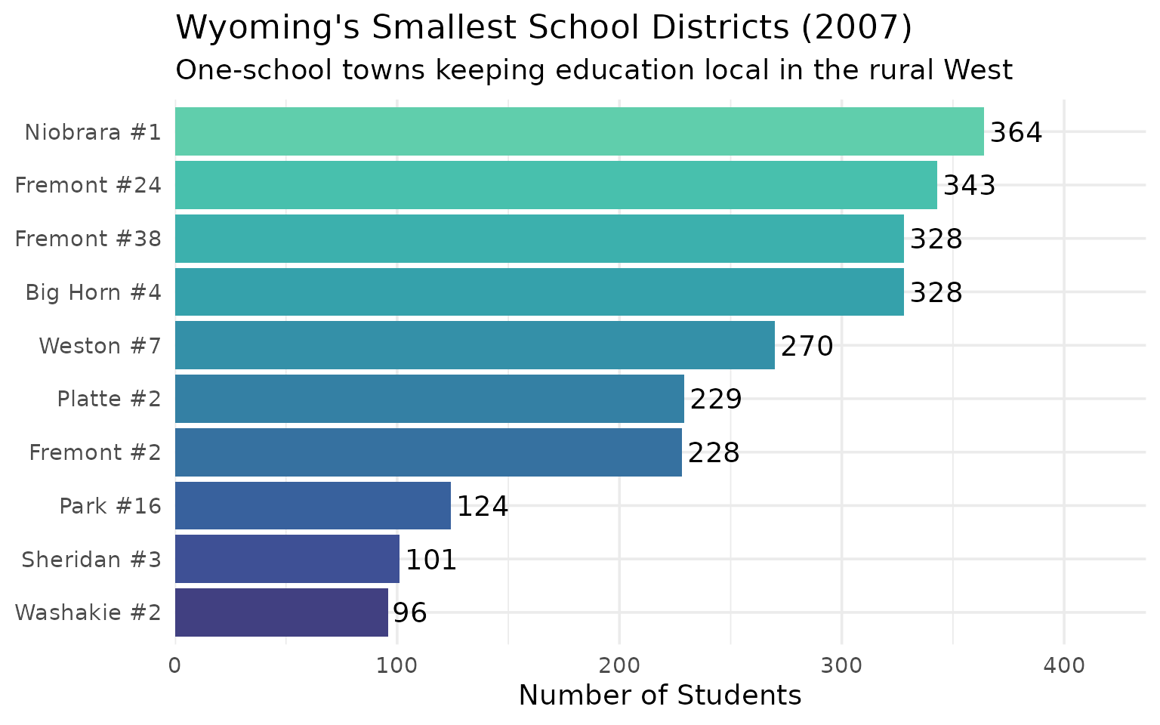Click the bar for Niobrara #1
coord(579,131)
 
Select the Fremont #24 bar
coord(556,185)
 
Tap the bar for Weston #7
coord(474,345)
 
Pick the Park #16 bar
coord(313,505)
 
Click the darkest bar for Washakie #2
coord(281,612)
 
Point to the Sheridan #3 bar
coord(287,559)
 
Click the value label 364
coord(1016,133)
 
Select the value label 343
coord(969,186)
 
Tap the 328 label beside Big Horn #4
coord(936,293)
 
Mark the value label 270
coord(807,347)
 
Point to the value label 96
coord(410,613)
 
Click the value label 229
coord(716,400)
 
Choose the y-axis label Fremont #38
coord(88,239)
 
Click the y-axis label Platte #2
coord(109,399)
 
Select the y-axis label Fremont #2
coord(95,452)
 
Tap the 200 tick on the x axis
coord(619,665)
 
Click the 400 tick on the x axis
coord(1063,665)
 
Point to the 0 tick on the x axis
coord(175,665)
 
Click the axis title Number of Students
coord(659,695)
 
